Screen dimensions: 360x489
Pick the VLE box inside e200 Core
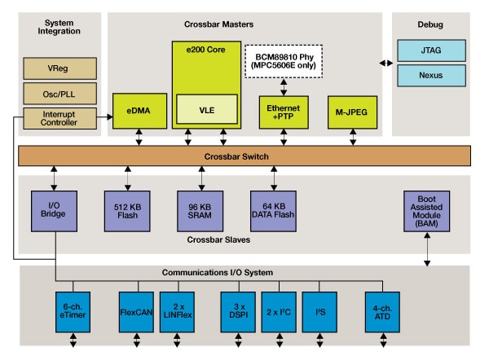206,108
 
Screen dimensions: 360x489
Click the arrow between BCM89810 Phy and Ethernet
284,86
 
